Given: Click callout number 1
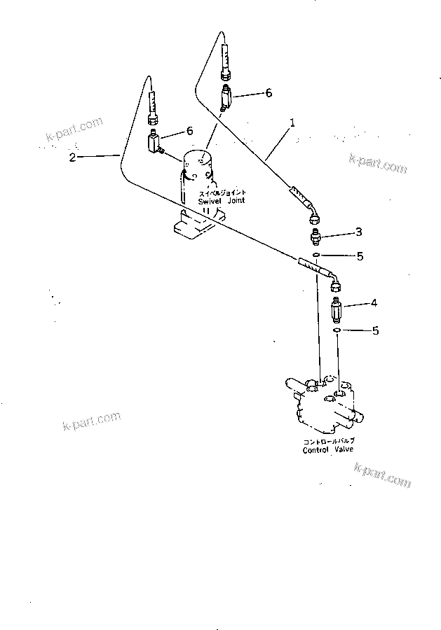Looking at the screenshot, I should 292,122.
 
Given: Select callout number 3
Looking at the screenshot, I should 358,232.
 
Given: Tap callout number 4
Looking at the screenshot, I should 374,303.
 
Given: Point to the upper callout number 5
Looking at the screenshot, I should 360,256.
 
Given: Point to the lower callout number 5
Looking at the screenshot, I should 375,330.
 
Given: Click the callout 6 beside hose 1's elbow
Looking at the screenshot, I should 267,92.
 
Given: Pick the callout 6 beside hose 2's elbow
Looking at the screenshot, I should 189,131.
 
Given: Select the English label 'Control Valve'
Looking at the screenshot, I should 328,450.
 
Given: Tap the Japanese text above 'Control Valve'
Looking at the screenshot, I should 328,441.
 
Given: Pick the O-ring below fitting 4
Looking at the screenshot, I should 337,329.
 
